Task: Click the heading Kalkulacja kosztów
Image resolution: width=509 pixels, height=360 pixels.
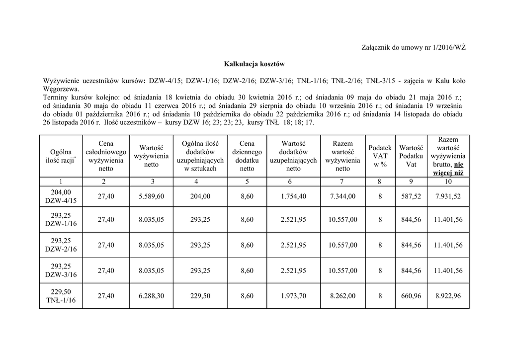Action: click(x=254, y=64)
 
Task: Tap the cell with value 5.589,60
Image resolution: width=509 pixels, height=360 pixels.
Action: click(x=151, y=196)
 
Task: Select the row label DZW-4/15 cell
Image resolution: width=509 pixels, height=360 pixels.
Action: click(x=62, y=196)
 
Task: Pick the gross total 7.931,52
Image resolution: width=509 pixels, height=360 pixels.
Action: click(x=448, y=196)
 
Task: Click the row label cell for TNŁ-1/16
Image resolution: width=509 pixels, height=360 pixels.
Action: click(x=62, y=296)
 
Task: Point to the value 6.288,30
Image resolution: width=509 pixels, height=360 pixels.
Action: click(x=151, y=296)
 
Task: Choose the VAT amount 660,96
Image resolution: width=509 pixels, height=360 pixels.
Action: click(x=411, y=296)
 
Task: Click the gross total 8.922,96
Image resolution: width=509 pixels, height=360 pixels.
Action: click(x=448, y=296)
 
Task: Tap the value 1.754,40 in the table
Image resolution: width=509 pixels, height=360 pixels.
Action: click(x=293, y=196)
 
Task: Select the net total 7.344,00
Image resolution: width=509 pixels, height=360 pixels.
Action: click(x=342, y=196)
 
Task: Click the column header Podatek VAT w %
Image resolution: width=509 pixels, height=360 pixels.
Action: click(x=380, y=156)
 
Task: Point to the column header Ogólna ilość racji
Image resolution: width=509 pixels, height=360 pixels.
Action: click(x=62, y=156)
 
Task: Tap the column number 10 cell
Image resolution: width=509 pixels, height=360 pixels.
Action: click(x=448, y=181)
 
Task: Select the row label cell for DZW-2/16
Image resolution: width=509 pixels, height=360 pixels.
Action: click(x=62, y=245)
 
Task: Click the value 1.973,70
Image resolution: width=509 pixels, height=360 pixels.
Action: click(x=293, y=296)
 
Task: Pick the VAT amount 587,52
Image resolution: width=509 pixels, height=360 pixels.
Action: click(x=411, y=196)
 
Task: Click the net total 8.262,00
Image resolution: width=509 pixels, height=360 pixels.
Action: click(x=342, y=296)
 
